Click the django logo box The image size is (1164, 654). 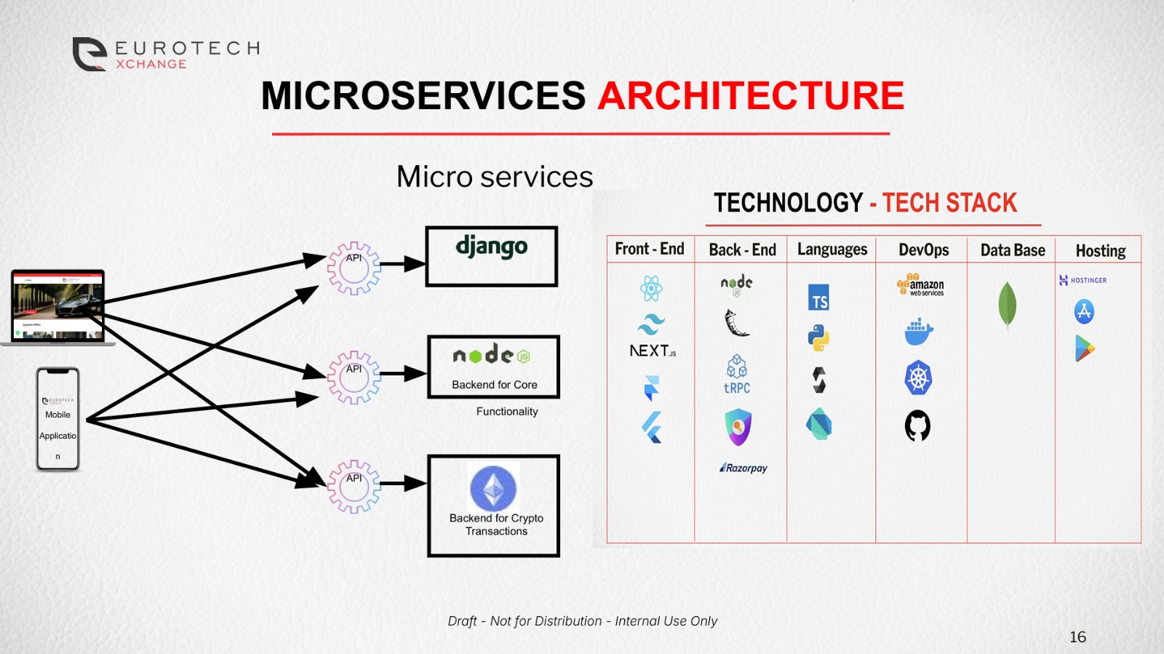click(492, 256)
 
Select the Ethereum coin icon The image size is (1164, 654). click(493, 488)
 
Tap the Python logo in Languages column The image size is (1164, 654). click(819, 338)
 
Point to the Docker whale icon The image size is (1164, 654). click(919, 332)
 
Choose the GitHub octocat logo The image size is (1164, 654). click(917, 426)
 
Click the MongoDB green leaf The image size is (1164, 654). click(1007, 304)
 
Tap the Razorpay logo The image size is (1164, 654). click(744, 468)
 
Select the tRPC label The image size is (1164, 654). click(737, 388)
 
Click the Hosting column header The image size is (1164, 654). click(1100, 250)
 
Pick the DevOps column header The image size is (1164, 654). click(923, 250)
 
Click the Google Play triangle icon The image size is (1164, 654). click(1084, 348)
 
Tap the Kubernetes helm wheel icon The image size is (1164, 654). click(918, 378)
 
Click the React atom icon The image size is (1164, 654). click(651, 288)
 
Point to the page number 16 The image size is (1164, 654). click(1077, 637)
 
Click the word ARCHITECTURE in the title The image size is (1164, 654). click(751, 96)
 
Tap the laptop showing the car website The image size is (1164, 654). click(58, 306)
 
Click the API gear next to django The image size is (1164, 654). click(354, 268)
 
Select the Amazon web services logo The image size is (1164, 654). click(920, 285)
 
